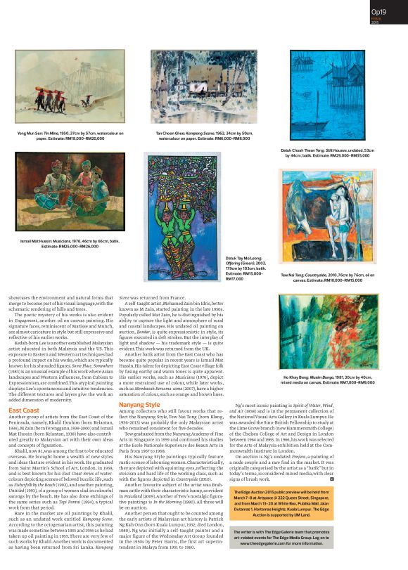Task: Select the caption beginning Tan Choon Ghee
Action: (195, 135)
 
